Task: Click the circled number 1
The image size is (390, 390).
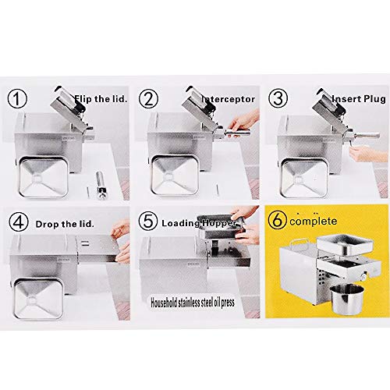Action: tap(17, 99)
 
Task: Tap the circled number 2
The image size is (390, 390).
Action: tap(148, 99)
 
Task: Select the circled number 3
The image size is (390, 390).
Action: tap(278, 99)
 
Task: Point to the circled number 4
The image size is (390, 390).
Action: tap(19, 222)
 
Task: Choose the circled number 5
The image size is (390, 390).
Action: tap(148, 221)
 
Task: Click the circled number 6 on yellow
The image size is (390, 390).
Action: tap(278, 220)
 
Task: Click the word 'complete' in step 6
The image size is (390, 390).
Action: tap(314, 222)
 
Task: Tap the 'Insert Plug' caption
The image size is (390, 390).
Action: tap(359, 99)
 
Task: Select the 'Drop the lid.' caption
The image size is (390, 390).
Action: tap(65, 224)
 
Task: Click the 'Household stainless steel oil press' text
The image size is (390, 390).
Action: tap(193, 303)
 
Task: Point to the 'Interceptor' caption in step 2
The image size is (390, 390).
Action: tap(229, 99)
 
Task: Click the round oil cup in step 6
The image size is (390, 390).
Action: tap(347, 299)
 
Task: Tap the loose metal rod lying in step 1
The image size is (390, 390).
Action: tap(101, 185)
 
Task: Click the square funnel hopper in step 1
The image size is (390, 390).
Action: tap(43, 176)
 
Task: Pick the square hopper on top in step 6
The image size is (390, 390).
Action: tap(345, 244)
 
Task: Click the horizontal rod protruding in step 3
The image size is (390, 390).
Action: tap(367, 135)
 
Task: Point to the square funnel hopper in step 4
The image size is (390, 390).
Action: tap(39, 299)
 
